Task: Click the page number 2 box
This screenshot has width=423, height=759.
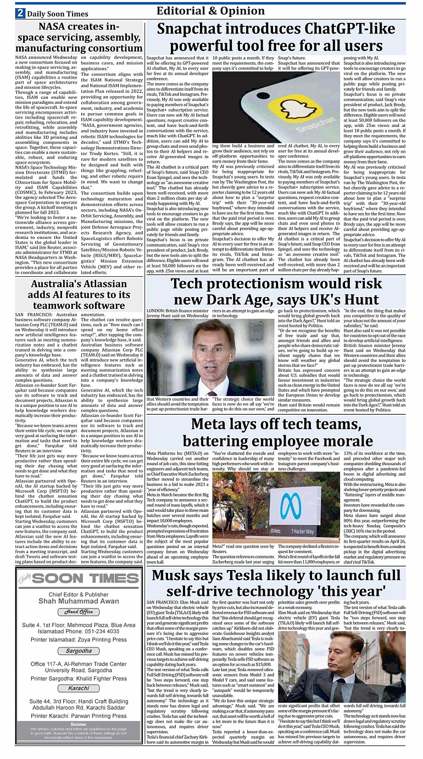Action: [x=20, y=13]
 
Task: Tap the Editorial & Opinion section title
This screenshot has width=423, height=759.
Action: [x=211, y=11]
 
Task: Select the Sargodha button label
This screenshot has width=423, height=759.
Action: [x=79, y=651]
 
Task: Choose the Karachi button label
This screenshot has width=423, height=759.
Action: [x=79, y=688]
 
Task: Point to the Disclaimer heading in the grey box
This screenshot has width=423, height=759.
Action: [x=79, y=724]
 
